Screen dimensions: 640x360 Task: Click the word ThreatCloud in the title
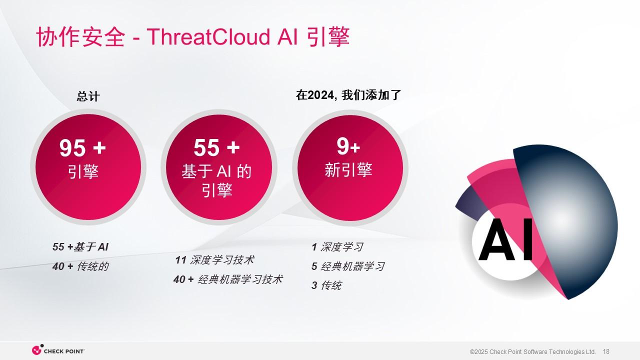(x=208, y=37)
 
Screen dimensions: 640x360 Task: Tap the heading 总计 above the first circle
(x=88, y=96)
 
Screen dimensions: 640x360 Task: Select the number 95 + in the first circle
(x=82, y=147)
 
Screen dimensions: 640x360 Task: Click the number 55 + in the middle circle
(x=216, y=147)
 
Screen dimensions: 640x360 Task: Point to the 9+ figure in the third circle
(x=348, y=146)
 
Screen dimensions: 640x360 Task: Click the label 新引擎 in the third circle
(x=348, y=169)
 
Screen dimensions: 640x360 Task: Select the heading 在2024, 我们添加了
(x=348, y=95)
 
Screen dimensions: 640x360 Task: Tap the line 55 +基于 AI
(x=80, y=247)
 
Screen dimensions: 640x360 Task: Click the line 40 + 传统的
(x=80, y=266)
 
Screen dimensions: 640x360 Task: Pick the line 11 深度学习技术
(x=214, y=260)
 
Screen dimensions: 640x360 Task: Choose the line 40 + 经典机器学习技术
(x=228, y=279)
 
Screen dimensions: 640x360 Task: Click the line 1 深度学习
(x=337, y=247)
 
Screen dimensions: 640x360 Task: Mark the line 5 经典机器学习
(x=348, y=266)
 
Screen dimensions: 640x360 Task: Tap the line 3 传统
(x=326, y=285)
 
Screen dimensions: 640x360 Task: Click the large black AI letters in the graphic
(x=506, y=239)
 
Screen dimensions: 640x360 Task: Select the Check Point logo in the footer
(x=58, y=350)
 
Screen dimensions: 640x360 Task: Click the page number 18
(x=606, y=351)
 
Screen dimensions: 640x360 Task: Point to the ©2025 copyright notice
(x=532, y=351)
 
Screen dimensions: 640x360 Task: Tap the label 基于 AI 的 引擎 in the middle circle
(x=216, y=180)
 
